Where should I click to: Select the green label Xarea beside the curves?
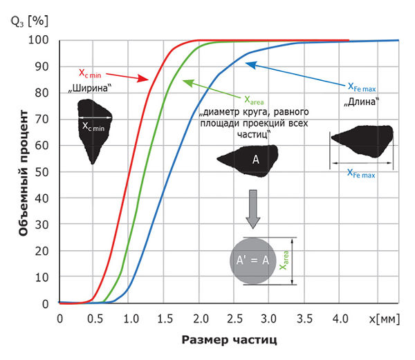256,98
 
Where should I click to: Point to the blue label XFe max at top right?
360,87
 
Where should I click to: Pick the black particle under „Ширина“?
93,128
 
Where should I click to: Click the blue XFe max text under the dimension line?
361,176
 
